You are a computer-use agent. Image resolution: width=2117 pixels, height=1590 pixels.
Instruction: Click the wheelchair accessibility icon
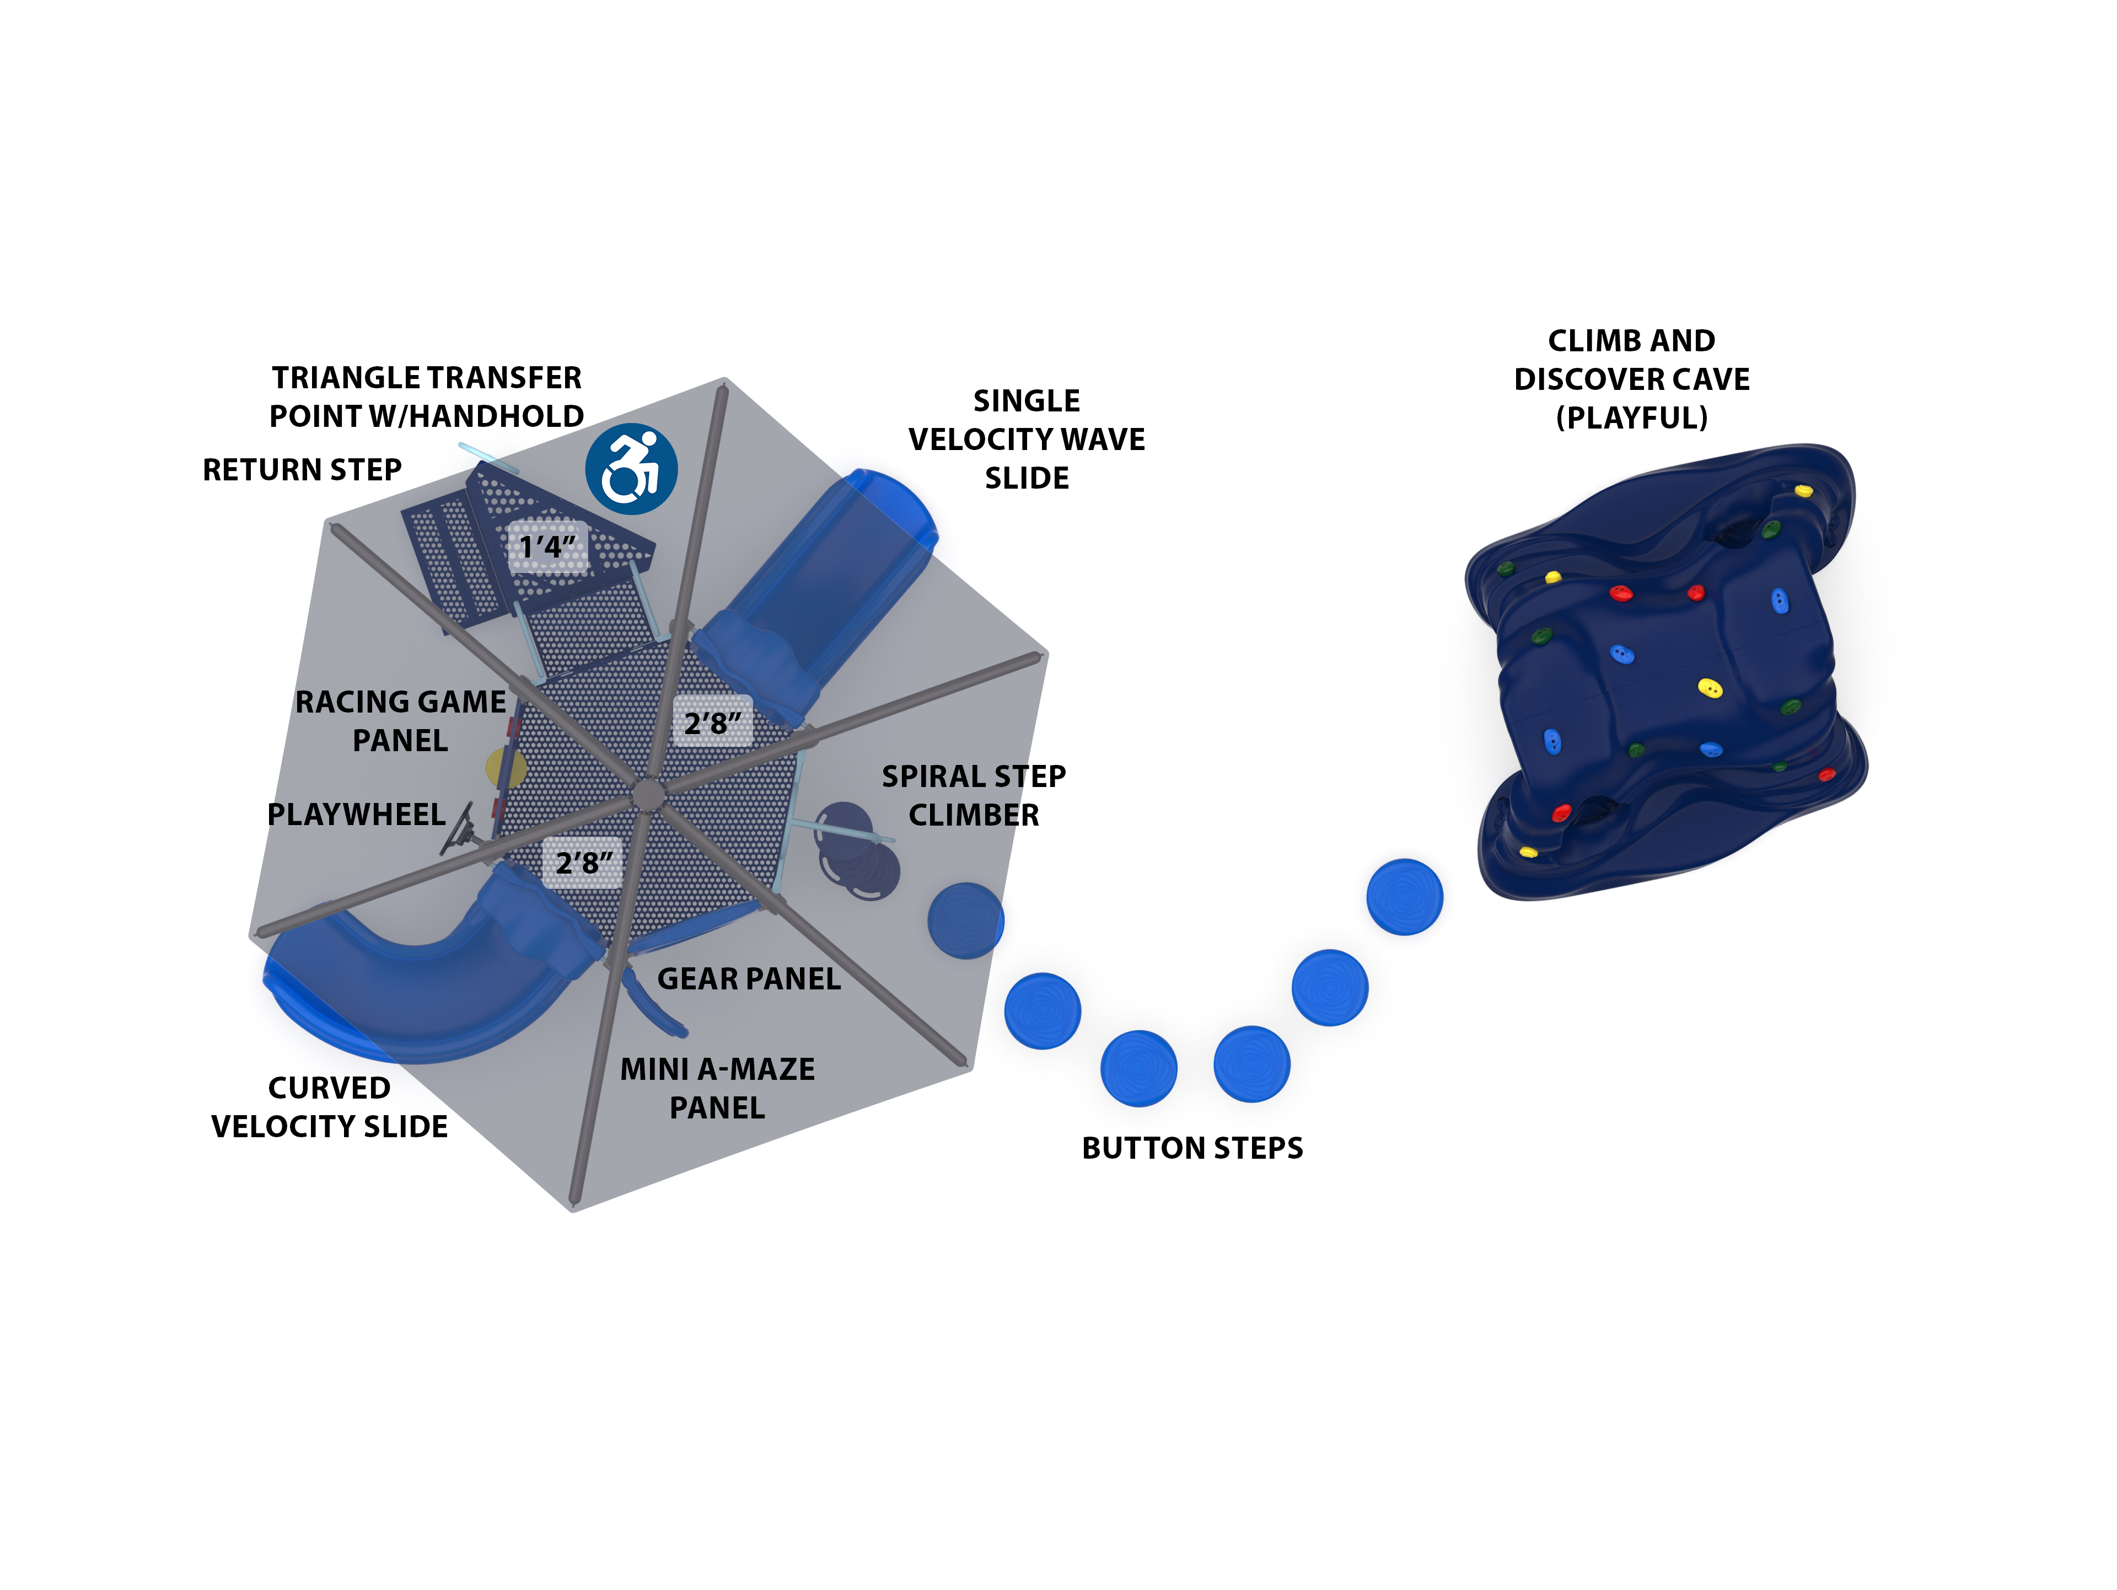click(632, 469)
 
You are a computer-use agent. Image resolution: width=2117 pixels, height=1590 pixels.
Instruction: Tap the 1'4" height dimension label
click(547, 547)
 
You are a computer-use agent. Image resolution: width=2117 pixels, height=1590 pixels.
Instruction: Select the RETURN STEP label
click(303, 470)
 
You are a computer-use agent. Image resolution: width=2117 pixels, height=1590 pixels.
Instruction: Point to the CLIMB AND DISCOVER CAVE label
click(1632, 379)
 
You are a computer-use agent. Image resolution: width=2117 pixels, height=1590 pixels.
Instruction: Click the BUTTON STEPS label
click(1192, 1148)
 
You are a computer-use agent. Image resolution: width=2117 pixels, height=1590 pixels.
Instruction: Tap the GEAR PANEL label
click(749, 978)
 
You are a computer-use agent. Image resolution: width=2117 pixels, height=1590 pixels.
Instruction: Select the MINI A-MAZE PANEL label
click(718, 1088)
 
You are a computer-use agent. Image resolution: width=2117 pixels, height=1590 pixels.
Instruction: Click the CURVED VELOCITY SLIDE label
click(329, 1107)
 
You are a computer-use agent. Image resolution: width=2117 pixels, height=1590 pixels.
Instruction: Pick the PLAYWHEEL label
click(356, 815)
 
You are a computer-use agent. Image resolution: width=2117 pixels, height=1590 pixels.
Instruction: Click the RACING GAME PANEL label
click(400, 721)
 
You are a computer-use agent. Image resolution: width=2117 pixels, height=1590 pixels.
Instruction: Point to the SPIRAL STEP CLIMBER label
click(973, 795)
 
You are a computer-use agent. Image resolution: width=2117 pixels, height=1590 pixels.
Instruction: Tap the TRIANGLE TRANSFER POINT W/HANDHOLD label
click(427, 397)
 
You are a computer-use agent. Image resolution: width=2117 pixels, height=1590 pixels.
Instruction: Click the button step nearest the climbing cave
click(1404, 897)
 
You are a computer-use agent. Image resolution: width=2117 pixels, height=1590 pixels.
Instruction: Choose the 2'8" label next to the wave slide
click(712, 722)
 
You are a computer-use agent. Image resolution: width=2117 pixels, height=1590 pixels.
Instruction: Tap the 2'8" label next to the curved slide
click(584, 863)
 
